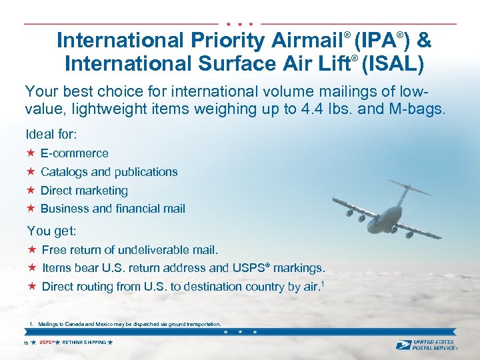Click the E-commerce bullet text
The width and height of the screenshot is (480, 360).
[x=75, y=153]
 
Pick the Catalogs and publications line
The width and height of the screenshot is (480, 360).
[x=109, y=172]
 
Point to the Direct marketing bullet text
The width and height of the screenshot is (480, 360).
[x=84, y=191]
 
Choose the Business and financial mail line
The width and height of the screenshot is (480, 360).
[x=113, y=209]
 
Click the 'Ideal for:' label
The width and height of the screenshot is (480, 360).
[x=52, y=134]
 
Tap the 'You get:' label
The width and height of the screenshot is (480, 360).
[x=52, y=231]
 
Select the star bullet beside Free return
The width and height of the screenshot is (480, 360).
[x=31, y=250]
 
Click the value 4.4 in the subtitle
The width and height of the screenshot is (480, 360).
[x=309, y=109]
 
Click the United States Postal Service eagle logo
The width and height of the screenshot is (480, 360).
[x=403, y=345]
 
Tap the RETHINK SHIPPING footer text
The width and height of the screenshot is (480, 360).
[x=84, y=342]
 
